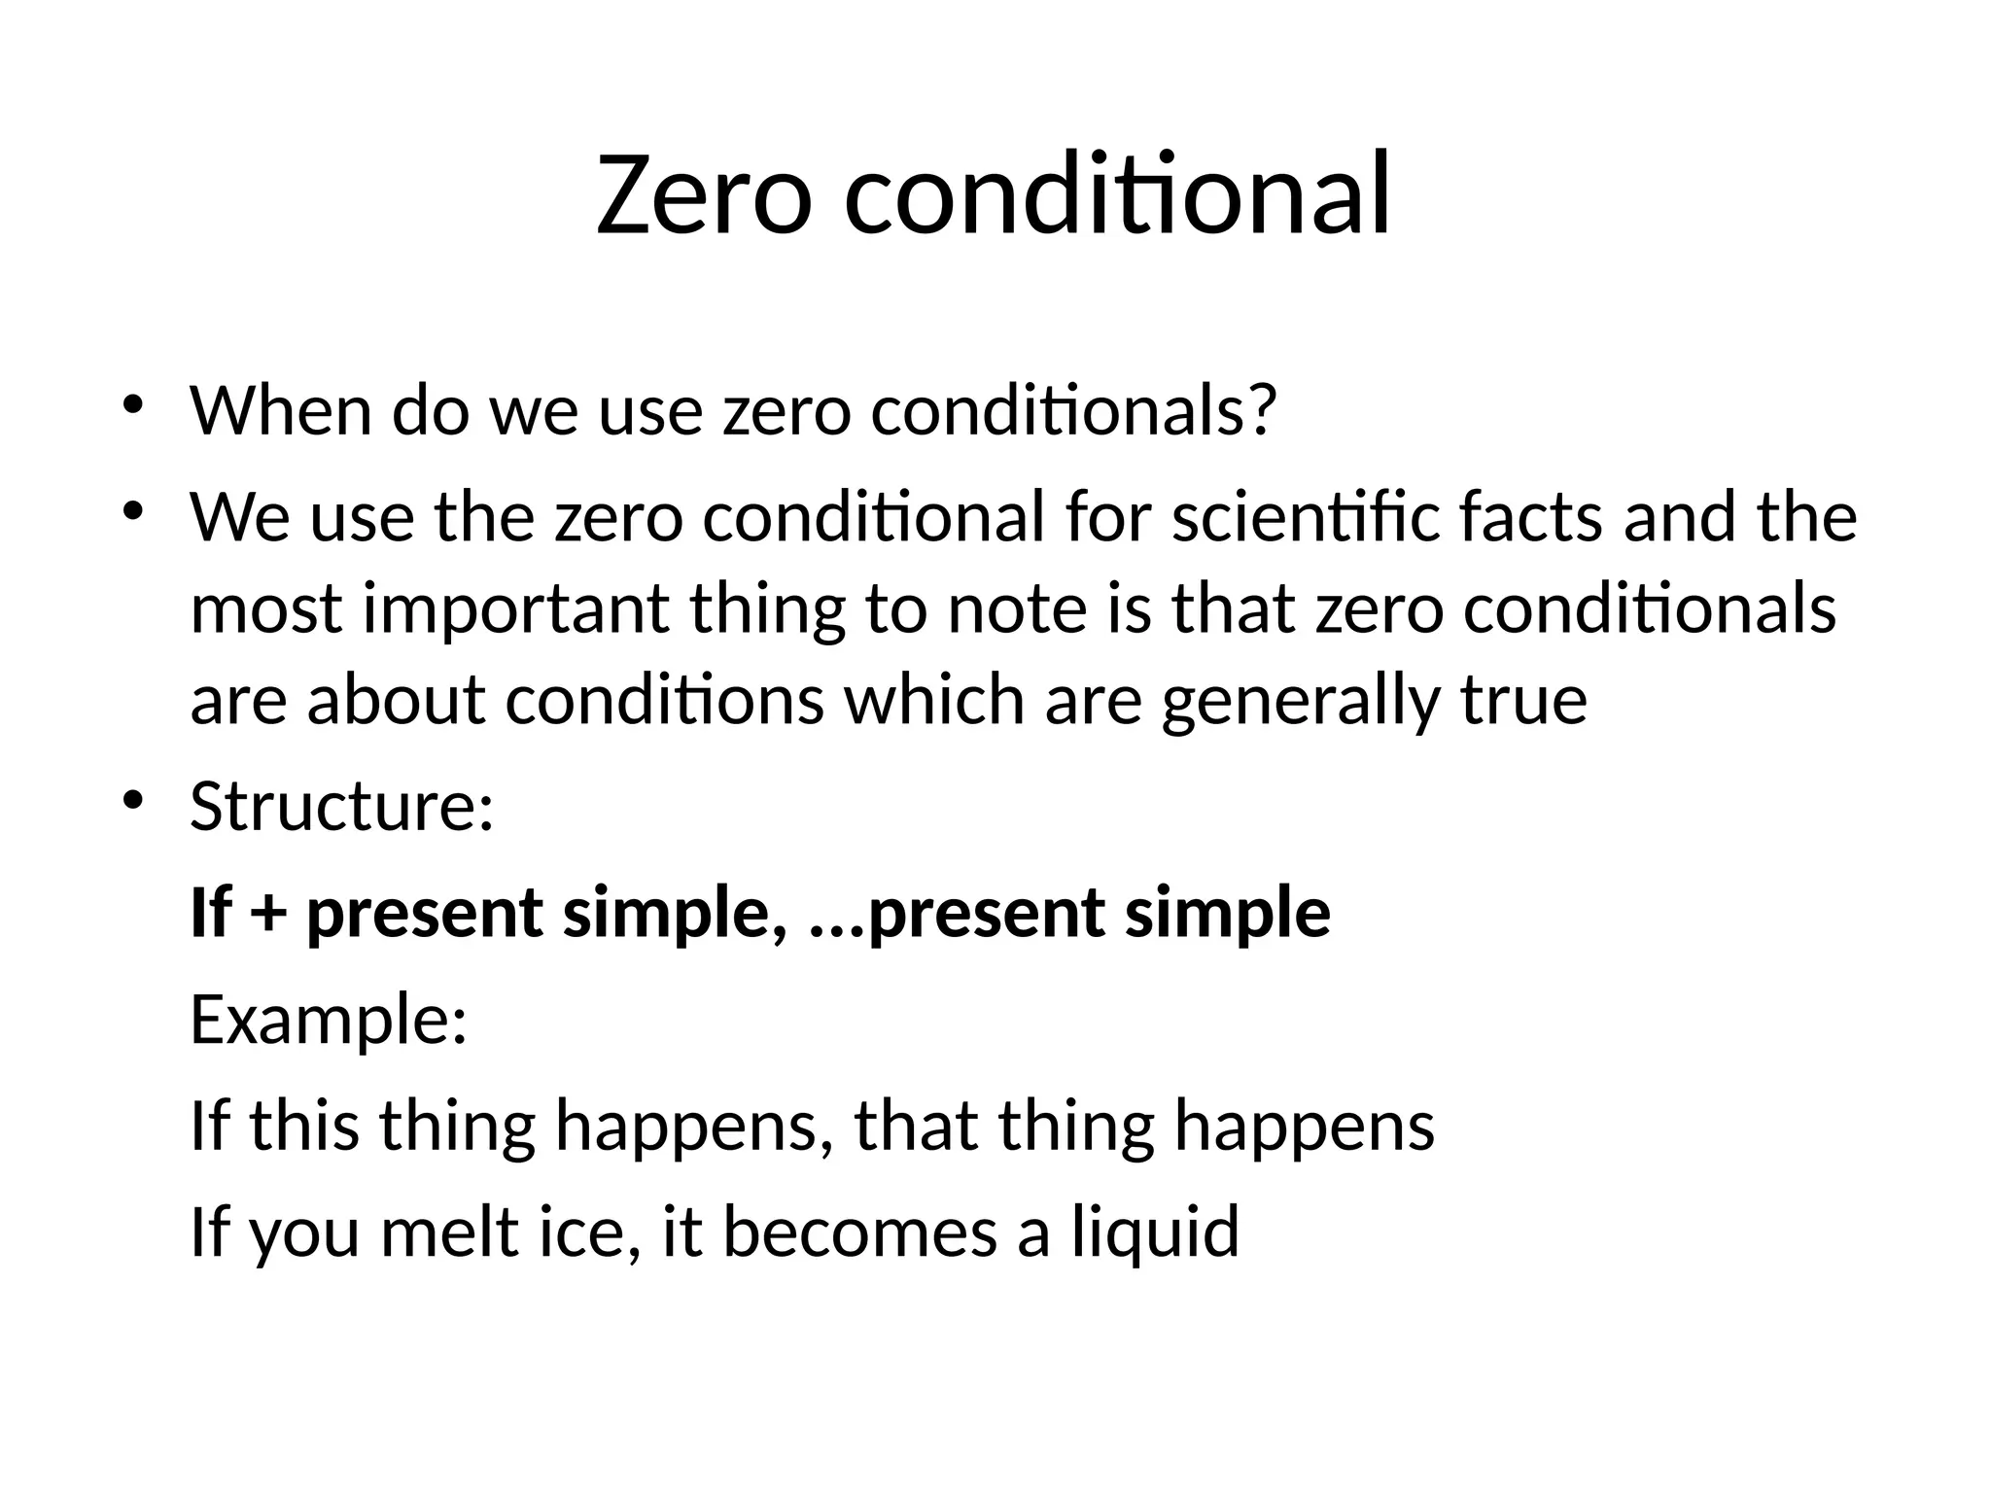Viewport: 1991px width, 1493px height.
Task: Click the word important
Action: (x=515, y=609)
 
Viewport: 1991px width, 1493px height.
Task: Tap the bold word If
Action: (x=209, y=913)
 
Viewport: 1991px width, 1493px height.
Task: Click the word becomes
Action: (x=859, y=1231)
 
